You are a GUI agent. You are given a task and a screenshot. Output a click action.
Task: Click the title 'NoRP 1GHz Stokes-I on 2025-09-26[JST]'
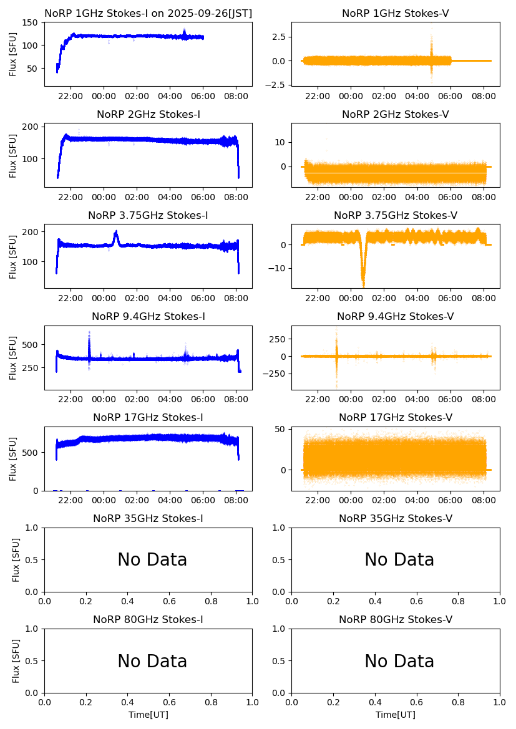pos(148,13)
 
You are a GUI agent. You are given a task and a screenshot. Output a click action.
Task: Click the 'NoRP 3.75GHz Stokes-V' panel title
pos(396,216)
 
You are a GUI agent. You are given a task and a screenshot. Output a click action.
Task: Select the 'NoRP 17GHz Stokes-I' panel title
pos(148,418)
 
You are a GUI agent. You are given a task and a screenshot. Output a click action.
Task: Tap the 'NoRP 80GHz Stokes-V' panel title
pos(396,620)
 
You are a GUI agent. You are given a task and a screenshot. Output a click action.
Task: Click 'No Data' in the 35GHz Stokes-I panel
pos(152,560)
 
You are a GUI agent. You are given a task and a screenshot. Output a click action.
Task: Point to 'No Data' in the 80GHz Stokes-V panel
pos(399,661)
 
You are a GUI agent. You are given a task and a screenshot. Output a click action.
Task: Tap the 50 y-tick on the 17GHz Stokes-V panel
pos(280,429)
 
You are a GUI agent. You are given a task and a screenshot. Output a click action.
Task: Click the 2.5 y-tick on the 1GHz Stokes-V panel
pos(276,37)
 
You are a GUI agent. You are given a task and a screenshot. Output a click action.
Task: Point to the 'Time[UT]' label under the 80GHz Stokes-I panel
pos(148,715)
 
